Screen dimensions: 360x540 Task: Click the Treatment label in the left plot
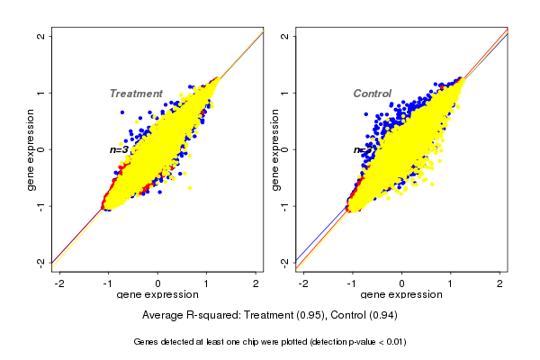click(x=136, y=94)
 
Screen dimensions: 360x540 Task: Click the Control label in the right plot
click(x=373, y=94)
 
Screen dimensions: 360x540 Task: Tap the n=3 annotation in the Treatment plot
click(x=119, y=149)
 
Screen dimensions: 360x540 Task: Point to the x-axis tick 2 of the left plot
click(x=256, y=283)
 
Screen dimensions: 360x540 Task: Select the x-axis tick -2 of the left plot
click(x=59, y=283)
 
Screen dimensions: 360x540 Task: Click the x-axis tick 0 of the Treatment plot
click(x=158, y=283)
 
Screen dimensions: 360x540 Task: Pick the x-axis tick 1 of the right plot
click(x=451, y=283)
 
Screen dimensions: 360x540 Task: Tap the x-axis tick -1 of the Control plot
click(x=352, y=283)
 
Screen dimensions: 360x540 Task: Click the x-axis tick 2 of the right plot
click(x=499, y=283)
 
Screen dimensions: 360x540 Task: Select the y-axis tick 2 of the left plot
click(x=41, y=36)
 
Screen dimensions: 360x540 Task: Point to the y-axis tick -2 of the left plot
click(x=41, y=262)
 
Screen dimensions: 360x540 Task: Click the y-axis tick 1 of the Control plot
click(x=284, y=93)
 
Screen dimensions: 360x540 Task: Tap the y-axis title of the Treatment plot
click(x=31, y=149)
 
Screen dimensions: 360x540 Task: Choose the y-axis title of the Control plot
click(x=274, y=149)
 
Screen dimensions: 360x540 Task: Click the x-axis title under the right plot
click(x=401, y=295)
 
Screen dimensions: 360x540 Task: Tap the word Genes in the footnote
click(x=146, y=342)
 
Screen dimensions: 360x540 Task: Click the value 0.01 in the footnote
click(x=391, y=342)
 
